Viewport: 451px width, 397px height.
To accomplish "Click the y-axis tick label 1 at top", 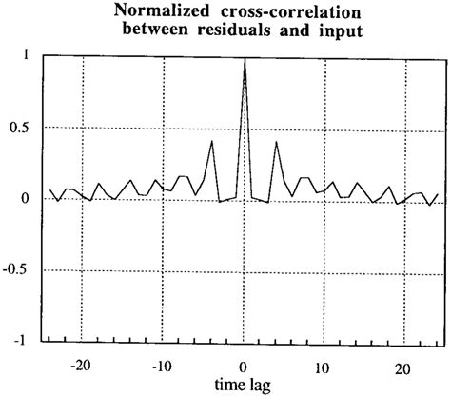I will coord(25,55).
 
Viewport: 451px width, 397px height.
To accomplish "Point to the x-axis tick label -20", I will coord(82,366).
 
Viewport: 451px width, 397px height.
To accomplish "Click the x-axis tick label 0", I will coord(245,366).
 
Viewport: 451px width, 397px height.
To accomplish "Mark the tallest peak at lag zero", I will coord(245,59).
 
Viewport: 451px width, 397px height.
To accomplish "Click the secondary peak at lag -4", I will coord(211,141).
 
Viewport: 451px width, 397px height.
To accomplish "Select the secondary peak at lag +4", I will coord(276,142).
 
